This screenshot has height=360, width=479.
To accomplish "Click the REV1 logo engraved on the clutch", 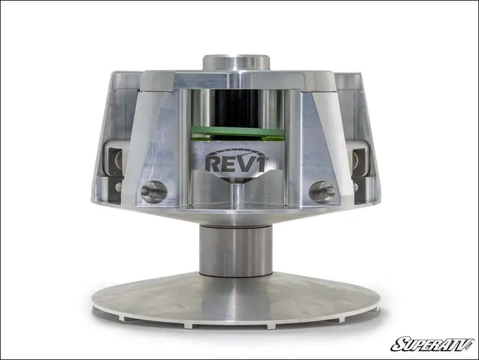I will coord(237,162).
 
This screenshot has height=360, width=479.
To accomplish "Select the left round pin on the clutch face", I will coord(151,192).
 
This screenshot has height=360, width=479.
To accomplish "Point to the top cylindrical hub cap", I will coord(237,63).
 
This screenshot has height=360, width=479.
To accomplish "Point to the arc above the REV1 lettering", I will coord(237,150).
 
